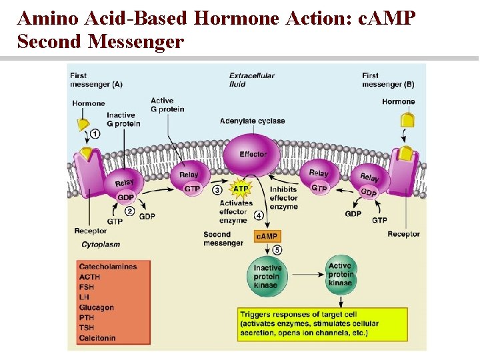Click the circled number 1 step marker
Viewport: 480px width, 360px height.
95,134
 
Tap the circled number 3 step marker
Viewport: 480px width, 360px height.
217,190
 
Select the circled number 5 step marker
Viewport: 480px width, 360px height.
277,250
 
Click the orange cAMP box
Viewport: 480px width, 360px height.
267,236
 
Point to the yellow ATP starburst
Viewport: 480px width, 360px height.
241,189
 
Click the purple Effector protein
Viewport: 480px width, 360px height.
253,155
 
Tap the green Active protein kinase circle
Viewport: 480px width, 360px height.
340,274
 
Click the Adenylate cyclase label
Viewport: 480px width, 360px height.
252,121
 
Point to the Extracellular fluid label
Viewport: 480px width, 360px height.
251,79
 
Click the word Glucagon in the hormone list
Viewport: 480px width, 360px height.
97,307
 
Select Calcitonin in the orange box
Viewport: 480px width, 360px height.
97,338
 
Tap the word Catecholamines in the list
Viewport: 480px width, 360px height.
108,267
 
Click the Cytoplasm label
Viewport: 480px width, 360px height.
101,245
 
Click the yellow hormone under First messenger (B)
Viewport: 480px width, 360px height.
407,121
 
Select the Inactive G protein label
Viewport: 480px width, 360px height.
123,119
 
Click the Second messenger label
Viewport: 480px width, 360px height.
223,239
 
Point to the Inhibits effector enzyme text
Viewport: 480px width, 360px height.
283,198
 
